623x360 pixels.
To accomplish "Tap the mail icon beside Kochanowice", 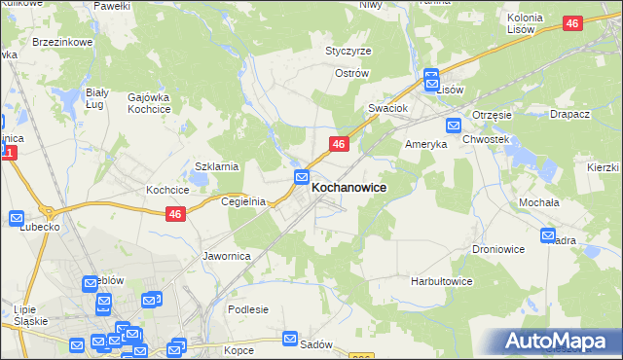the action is point(303,178).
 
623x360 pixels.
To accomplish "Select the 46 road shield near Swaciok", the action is point(338,144).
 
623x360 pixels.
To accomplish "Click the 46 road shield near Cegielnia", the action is point(175,215).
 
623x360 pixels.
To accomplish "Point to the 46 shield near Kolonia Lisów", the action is point(572,22).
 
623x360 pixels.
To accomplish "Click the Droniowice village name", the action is point(498,249).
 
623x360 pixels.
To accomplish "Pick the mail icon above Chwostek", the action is point(454,125).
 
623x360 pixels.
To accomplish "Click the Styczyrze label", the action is point(348,51).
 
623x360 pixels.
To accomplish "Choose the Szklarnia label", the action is point(217,166).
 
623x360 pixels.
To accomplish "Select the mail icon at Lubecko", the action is point(17,218).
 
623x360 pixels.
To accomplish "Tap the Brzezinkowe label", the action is point(61,43).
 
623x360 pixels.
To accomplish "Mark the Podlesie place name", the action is point(247,309).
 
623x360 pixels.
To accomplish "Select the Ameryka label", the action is point(425,143).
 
